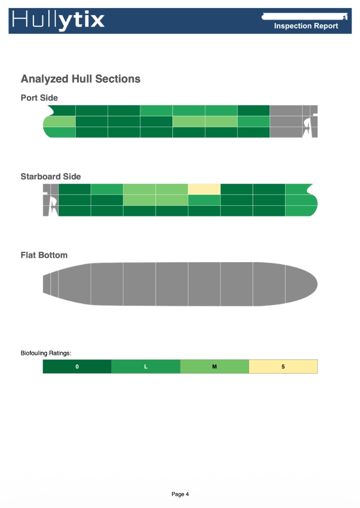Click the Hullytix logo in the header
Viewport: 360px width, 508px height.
[58, 20]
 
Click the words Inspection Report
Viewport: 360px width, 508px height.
[306, 26]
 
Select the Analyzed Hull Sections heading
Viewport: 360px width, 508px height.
[80, 79]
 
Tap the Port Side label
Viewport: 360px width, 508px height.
[39, 98]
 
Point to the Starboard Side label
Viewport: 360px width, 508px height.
[51, 177]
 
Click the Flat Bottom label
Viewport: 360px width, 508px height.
[44, 256]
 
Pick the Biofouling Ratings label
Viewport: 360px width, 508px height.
[46, 353]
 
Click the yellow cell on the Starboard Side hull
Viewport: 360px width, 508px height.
[204, 189]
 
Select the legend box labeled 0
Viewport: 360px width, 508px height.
[77, 366]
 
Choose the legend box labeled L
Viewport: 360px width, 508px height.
[146, 366]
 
